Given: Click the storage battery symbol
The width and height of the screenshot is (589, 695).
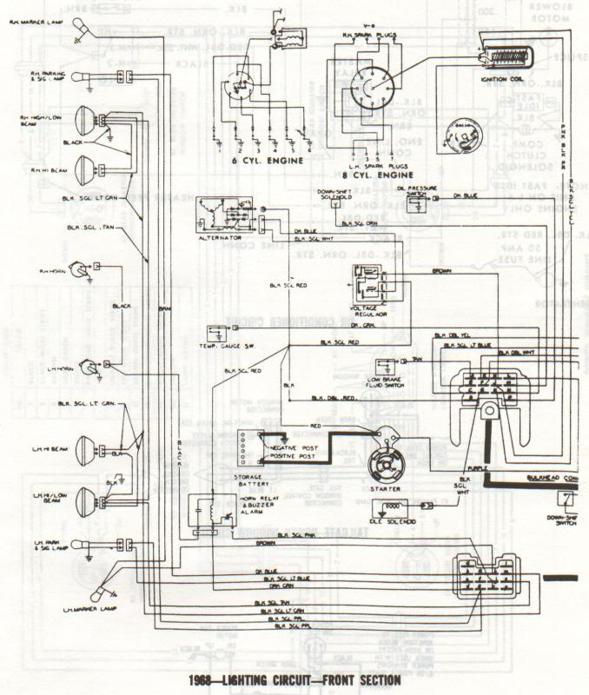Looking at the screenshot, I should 254,447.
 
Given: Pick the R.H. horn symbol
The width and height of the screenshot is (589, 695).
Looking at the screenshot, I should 81,270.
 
